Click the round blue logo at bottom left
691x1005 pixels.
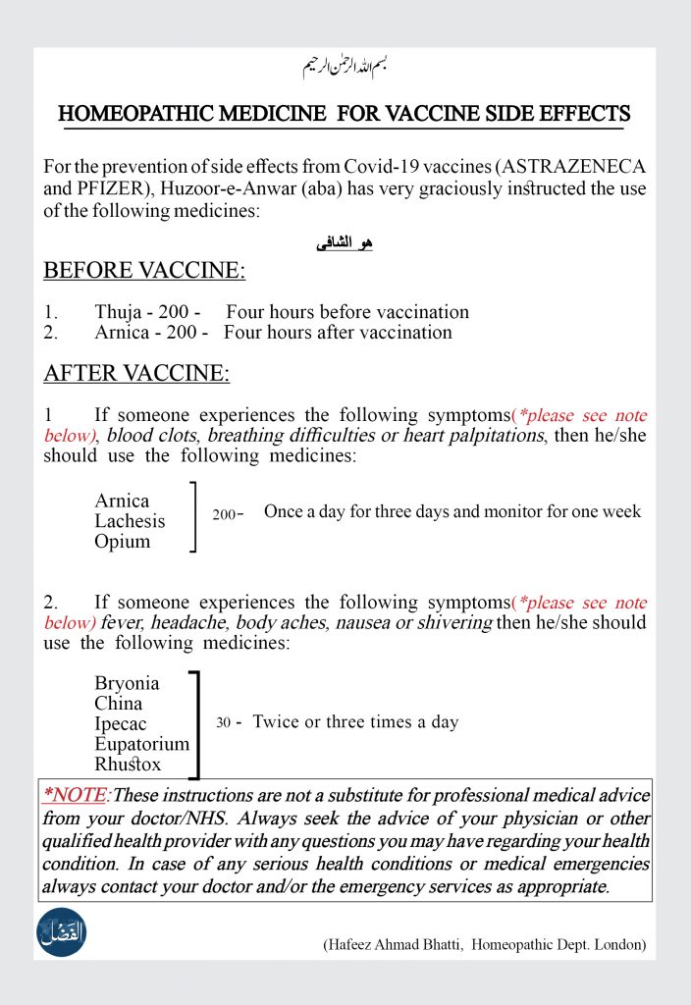(62, 933)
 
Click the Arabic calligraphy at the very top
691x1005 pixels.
(345, 68)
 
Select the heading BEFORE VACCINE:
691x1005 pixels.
(144, 271)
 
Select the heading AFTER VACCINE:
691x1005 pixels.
(136, 373)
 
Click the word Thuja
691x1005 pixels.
(118, 312)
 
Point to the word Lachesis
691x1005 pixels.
(130, 521)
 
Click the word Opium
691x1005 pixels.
(123, 542)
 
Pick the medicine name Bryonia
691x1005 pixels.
(127, 683)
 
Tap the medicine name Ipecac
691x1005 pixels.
(121, 724)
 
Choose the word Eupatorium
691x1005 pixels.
(141, 745)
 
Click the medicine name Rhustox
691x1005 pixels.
(128, 765)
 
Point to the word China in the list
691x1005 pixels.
(119, 704)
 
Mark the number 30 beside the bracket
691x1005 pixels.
(223, 722)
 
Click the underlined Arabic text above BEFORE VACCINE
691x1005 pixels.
(345, 243)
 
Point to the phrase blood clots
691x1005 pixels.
(142, 436)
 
